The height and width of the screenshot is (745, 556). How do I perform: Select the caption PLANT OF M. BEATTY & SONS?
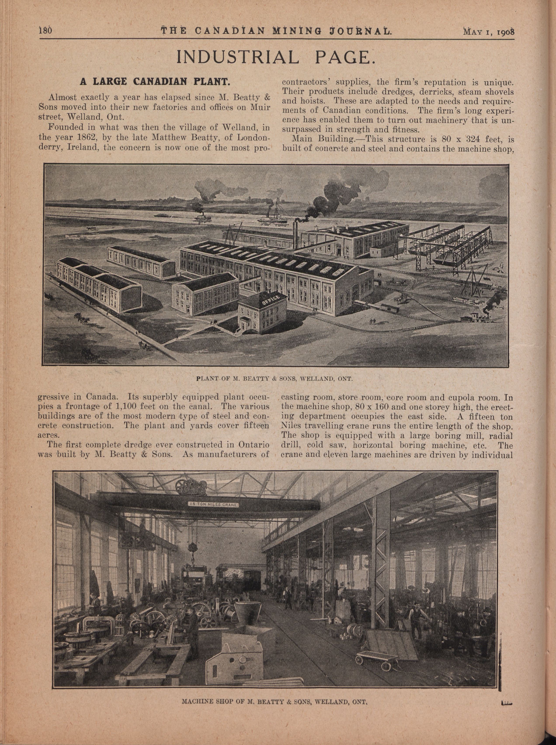point(274,379)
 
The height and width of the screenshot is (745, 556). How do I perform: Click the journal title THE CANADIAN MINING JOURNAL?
point(276,31)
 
